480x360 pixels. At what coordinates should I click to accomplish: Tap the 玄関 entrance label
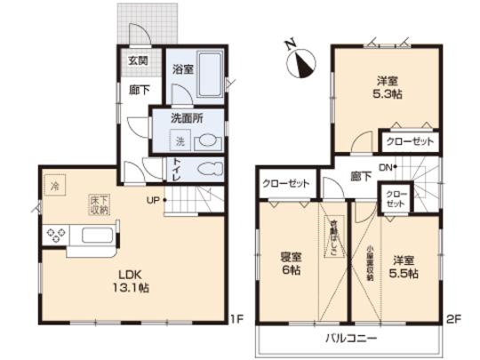coord(137,62)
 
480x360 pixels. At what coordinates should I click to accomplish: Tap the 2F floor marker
coord(454,317)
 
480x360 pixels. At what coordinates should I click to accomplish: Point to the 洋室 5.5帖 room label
coord(404,267)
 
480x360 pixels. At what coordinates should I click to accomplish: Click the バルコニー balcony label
coord(349,338)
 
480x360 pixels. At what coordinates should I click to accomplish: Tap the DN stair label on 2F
coord(387,165)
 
